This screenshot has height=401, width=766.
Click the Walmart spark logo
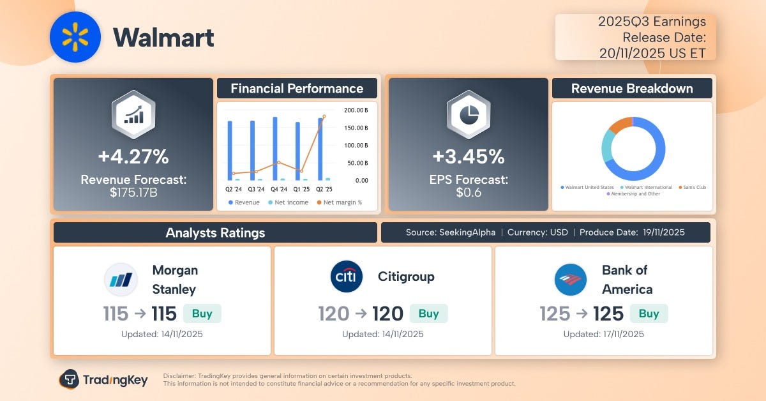[75, 37]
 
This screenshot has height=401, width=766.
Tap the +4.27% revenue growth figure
[133, 156]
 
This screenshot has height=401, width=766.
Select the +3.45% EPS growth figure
[468, 156]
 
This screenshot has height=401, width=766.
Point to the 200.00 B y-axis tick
[356, 110]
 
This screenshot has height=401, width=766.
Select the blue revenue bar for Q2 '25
[320, 149]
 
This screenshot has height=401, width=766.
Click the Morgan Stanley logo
[121, 280]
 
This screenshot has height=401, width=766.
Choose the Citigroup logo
[347, 277]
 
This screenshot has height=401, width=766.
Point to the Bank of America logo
[571, 280]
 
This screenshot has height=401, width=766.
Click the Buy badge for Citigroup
[428, 314]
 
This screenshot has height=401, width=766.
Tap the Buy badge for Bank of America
[649, 314]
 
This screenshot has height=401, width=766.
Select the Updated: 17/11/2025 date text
[604, 334]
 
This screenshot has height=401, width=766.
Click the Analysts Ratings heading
[215, 232]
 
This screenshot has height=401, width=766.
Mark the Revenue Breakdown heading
[632, 89]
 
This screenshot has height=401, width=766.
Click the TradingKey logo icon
[69, 379]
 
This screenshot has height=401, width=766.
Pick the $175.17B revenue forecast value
[133, 192]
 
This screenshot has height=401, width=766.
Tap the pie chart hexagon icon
[468, 115]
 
